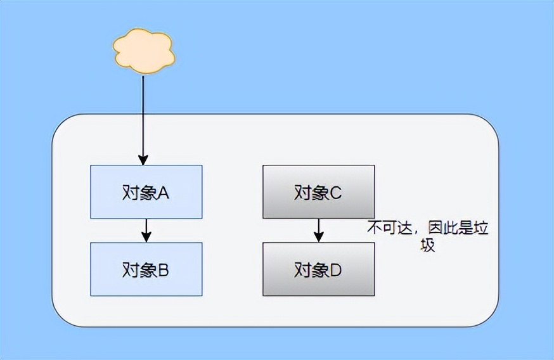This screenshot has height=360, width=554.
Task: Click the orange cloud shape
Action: pyautogui.click(x=144, y=52)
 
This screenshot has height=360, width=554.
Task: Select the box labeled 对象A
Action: pyautogui.click(x=146, y=191)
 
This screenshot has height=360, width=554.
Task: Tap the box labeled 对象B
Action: pyautogui.click(x=146, y=269)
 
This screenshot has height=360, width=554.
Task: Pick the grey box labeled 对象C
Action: pyautogui.click(x=319, y=191)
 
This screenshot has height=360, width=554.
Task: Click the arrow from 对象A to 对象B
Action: pyautogui.click(x=146, y=229)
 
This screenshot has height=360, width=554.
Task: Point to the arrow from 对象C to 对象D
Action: pyautogui.click(x=319, y=229)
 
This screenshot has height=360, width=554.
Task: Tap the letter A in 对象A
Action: pyautogui.click(x=162, y=193)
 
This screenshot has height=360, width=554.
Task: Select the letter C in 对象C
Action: pyautogui.click(x=335, y=193)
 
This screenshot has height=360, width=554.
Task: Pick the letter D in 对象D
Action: pyautogui.click(x=335, y=270)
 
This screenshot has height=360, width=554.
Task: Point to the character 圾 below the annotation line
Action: pyautogui.click(x=428, y=246)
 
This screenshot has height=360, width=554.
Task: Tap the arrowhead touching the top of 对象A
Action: pyautogui.click(x=144, y=160)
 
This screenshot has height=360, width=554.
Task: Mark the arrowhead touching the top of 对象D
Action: pyautogui.click(x=319, y=237)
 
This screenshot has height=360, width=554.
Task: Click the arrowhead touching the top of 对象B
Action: pyautogui.click(x=146, y=237)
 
